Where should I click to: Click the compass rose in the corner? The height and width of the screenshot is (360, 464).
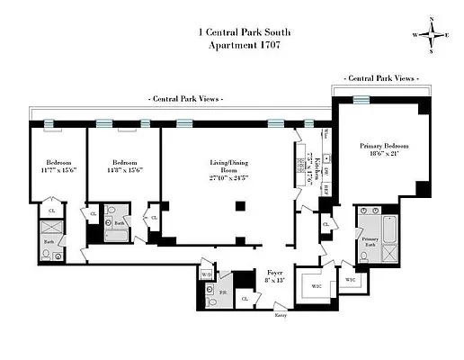click(x=433, y=35)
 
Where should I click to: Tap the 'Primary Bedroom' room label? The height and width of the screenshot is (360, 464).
click(x=384, y=145)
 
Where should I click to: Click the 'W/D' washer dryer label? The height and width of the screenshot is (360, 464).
click(x=205, y=274)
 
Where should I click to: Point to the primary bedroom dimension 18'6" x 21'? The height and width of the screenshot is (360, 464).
click(x=384, y=155)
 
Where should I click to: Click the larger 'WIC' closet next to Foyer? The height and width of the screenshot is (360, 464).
click(x=317, y=285)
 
